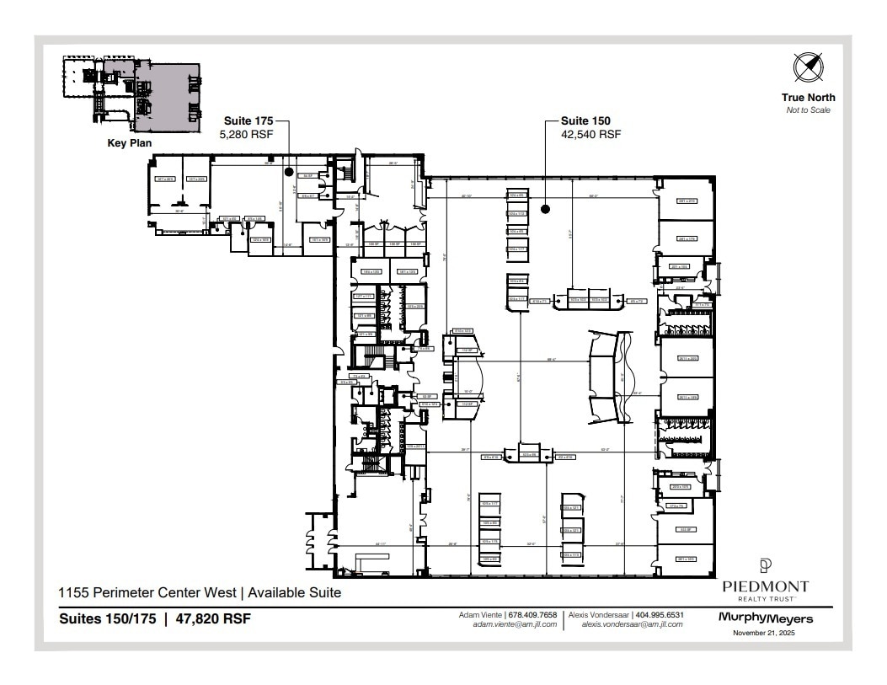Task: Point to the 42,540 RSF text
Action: (590, 134)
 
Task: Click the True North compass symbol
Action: (808, 67)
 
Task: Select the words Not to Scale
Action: (808, 110)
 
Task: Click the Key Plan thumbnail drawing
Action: (131, 94)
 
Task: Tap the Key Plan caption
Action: (129, 143)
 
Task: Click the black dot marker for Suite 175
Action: (289, 171)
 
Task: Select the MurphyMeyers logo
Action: (765, 618)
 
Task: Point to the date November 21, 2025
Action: (765, 633)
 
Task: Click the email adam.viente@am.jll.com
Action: (516, 625)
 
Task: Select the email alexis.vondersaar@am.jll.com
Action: (633, 625)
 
